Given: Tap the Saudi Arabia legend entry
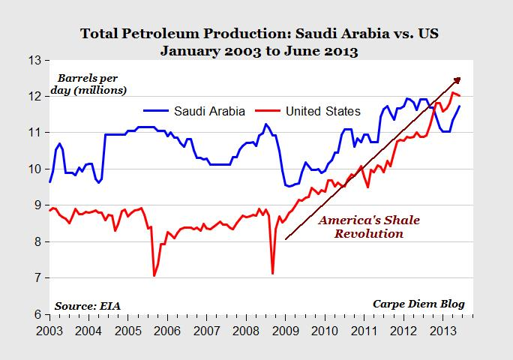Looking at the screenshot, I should point(195,112).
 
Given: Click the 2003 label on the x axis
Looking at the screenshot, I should point(49,331).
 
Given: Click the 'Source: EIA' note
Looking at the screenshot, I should point(87,305).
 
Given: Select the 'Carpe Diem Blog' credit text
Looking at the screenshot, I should point(418,304).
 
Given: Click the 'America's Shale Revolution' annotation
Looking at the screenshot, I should point(369,227).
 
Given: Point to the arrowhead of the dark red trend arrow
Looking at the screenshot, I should point(458,79).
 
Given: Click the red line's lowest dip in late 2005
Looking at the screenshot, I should point(154,276).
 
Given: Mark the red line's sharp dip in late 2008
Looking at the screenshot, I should point(272,273).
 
